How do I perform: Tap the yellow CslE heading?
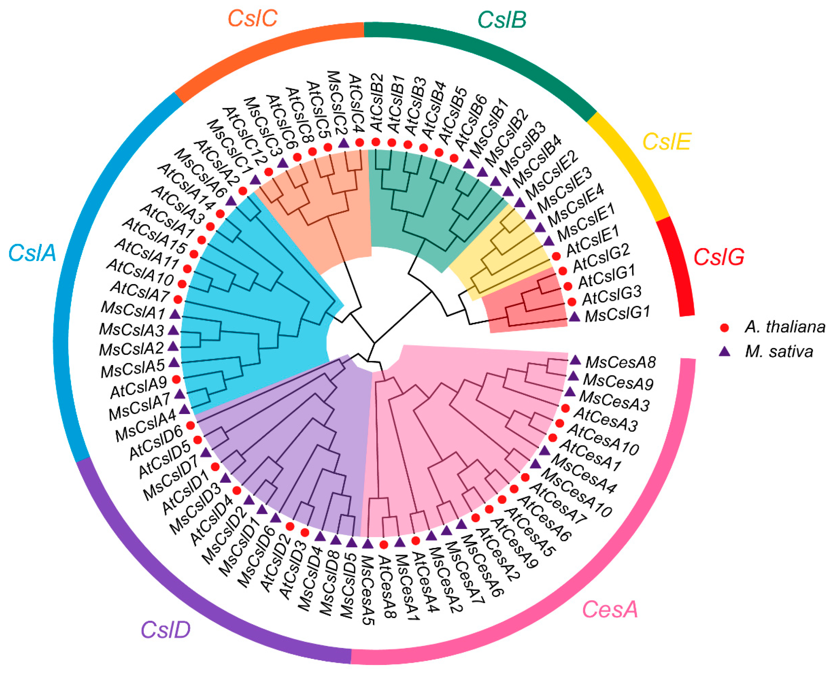pos(667,142)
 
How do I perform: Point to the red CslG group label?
pos(719,257)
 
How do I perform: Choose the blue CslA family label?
pos(32,253)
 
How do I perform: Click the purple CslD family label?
pos(165,629)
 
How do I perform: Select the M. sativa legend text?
pos(779,352)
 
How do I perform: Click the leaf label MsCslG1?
pos(618,314)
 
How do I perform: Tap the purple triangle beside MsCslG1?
pos(574,317)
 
